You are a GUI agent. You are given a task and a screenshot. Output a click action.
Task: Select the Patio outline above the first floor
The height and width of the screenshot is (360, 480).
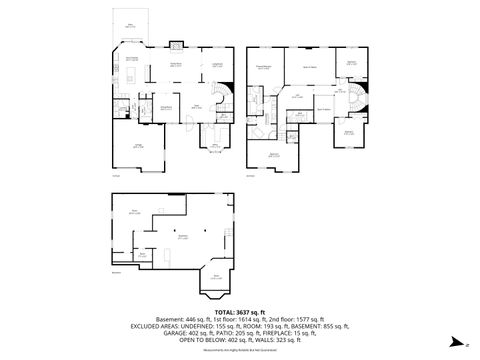point(128,28)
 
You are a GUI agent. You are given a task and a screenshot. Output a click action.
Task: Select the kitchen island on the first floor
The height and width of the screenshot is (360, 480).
point(132,73)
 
